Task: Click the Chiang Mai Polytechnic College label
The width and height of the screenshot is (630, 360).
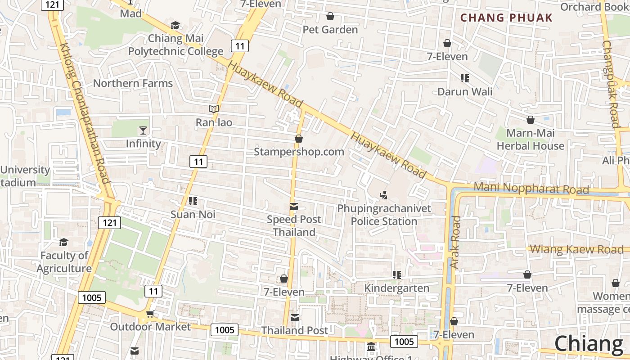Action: click(x=175, y=45)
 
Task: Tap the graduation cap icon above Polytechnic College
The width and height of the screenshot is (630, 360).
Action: click(x=175, y=25)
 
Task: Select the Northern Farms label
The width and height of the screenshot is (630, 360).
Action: click(x=133, y=83)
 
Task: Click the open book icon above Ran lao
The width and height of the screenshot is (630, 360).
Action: click(x=214, y=109)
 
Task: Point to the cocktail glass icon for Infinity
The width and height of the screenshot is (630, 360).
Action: click(x=143, y=130)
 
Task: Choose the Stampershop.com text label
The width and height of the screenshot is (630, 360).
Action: click(x=299, y=152)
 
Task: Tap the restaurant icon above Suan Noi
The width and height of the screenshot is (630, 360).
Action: click(x=193, y=201)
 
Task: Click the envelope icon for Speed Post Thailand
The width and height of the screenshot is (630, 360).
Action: click(x=294, y=207)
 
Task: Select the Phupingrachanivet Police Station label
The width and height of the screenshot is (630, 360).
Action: click(x=384, y=215)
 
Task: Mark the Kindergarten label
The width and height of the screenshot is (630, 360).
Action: click(x=396, y=288)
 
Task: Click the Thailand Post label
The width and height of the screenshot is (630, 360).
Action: click(x=295, y=330)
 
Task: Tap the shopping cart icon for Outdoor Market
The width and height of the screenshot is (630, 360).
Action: click(x=150, y=314)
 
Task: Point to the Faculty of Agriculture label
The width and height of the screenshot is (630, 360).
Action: click(x=64, y=262)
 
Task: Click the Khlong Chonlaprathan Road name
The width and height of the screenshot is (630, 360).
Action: click(x=85, y=113)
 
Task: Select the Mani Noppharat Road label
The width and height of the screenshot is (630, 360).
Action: click(x=531, y=188)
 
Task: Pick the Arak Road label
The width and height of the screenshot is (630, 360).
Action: click(x=455, y=242)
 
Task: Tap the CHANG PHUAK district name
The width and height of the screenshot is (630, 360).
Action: click(x=506, y=18)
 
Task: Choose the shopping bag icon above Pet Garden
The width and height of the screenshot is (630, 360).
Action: click(x=330, y=16)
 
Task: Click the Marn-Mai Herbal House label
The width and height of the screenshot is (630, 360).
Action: click(x=530, y=139)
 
